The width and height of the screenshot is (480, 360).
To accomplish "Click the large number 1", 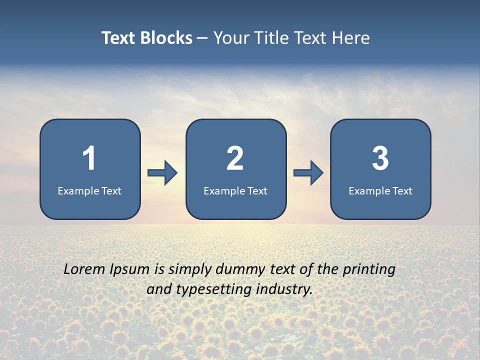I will coord(89,158).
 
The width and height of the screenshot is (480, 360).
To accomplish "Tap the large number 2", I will coord(235,158).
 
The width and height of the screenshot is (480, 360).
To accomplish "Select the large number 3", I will coord(380,158).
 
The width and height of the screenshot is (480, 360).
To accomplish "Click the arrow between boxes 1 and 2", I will coord(162,173).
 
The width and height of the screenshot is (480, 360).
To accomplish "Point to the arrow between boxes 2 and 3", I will coord(308,173).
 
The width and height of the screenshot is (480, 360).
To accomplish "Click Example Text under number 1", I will coord(89,190).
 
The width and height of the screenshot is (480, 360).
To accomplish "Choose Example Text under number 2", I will coord(235,190).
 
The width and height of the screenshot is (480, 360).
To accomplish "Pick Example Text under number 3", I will coord(380,190).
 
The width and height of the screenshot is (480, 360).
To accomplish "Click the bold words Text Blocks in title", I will coord(147,38).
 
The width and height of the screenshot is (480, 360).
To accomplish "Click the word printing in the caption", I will coord(369,270).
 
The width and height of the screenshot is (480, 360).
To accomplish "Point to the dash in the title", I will coord(202,38).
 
